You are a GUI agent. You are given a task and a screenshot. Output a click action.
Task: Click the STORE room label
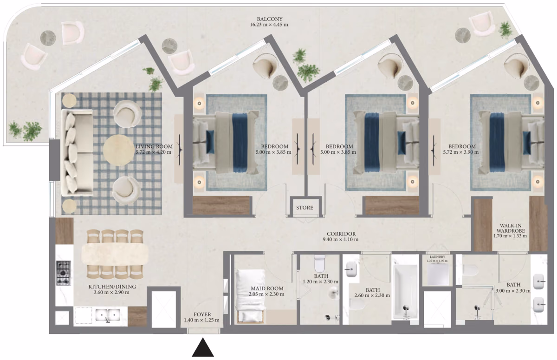coord(304,208)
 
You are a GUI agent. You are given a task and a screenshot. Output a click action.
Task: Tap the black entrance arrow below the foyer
coord(203,347)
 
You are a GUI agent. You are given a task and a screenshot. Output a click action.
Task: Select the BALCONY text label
coord(270,19)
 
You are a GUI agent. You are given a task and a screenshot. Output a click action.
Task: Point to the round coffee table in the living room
coord(119,150)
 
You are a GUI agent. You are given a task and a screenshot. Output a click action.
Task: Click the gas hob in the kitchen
coord(64,273)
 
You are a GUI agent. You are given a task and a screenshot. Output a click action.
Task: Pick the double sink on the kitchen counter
coord(108,315)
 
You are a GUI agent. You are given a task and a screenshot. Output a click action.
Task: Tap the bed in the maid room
coord(250,296)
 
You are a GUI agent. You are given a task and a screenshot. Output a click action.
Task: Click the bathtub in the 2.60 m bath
coord(405,292)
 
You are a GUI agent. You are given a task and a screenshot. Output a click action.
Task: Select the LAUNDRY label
coord(437,257)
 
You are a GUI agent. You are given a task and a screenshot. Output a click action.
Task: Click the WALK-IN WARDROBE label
coord(510,228)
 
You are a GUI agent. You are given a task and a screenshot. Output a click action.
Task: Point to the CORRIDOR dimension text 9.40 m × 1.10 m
coord(341,240)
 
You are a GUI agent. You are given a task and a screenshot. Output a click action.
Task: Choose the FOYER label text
coord(202,314)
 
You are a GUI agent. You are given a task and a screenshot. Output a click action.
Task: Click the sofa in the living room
coord(77,152)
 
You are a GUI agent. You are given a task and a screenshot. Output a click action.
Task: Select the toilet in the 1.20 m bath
coord(319,263)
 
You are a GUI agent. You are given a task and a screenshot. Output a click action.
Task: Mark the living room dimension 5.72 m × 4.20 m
coord(154,152)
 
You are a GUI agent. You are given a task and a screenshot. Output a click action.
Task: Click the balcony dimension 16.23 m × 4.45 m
coord(269,25)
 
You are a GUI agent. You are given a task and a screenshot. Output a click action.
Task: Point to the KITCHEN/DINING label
coord(112,287)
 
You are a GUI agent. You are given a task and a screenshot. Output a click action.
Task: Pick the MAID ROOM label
coord(267,288)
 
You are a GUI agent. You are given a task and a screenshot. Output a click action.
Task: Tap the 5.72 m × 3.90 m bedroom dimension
coord(461,152)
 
